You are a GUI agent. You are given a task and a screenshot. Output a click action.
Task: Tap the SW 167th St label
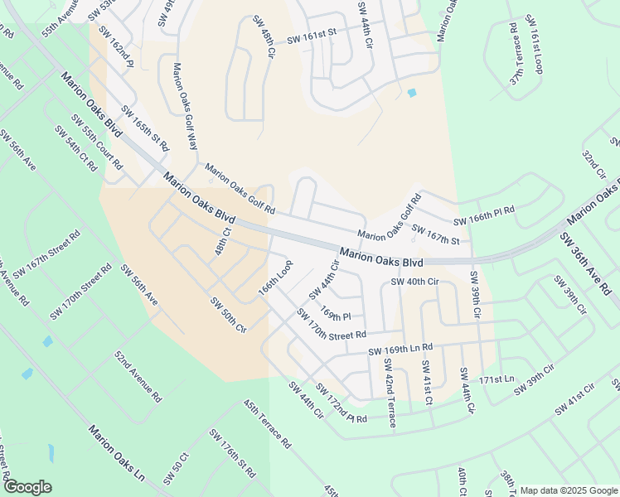(435, 234)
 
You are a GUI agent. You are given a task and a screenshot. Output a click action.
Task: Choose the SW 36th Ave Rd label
(589, 264)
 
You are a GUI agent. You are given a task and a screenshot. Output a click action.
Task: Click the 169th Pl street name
(337, 316)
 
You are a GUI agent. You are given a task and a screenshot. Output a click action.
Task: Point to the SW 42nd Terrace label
(388, 393)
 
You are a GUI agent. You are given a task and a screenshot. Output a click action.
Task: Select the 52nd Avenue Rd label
(138, 375)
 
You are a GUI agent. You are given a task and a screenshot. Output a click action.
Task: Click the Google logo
(28, 486)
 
